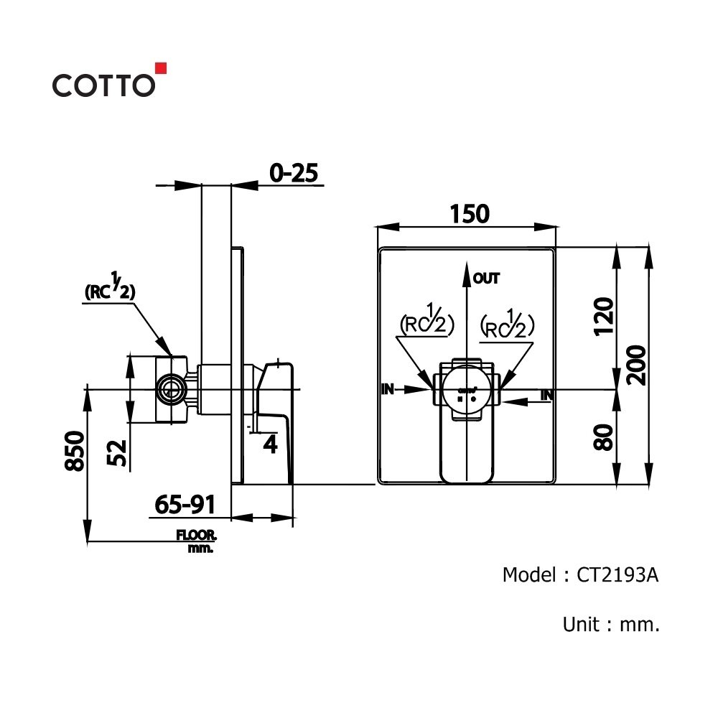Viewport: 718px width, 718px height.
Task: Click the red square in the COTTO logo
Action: tap(161, 68)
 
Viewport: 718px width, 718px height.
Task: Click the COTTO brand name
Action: tap(103, 85)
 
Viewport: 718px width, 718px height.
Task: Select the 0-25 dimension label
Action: tap(294, 173)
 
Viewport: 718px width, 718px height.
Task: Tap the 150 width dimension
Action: tap(470, 214)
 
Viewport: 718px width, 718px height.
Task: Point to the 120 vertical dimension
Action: tap(604, 317)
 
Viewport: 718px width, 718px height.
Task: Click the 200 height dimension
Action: tap(635, 365)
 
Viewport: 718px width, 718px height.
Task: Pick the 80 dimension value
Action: tap(604, 437)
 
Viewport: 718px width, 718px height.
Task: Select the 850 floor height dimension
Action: tap(75, 451)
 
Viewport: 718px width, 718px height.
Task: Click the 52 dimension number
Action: tap(117, 452)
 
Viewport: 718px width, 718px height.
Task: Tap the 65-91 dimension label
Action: tap(185, 505)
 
